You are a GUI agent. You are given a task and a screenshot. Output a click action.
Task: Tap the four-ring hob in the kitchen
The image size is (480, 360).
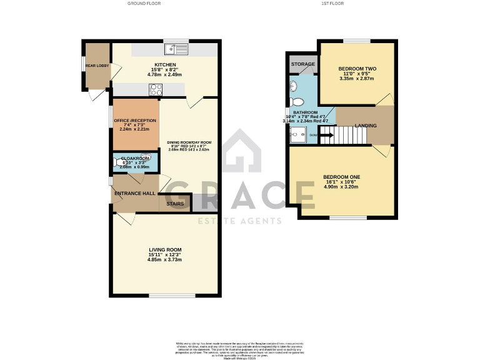pos(156,89)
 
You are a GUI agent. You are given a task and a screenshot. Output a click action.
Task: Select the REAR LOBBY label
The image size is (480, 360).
pos(97,65)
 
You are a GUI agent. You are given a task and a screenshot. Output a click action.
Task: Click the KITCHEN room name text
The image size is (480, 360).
pos(165,64)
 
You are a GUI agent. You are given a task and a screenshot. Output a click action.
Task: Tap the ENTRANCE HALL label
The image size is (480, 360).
pos(135,194)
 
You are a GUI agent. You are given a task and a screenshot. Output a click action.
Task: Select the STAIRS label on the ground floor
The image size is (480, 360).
pos(174,203)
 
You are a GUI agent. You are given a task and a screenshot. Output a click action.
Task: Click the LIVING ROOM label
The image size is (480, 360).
pos(164,250)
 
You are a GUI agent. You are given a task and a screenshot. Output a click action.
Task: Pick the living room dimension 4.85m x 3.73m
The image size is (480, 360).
pos(164,259)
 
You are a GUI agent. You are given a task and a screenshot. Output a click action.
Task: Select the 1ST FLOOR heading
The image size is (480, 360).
pos(332,4)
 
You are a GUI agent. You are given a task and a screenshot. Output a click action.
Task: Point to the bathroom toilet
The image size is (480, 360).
pos(297,101)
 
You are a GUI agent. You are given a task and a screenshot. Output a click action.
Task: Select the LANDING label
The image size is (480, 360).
pos(366,126)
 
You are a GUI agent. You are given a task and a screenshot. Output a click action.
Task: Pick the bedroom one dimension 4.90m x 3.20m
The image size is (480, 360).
pos(341,186)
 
